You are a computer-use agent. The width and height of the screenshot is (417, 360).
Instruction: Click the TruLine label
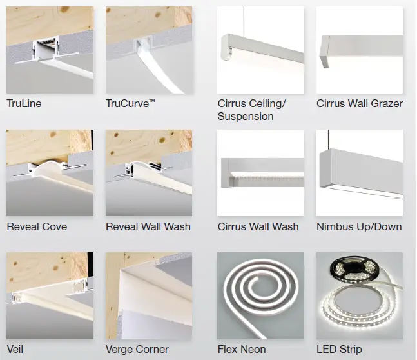[x=24, y=104]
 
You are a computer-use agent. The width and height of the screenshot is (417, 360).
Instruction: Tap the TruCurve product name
[x=128, y=104]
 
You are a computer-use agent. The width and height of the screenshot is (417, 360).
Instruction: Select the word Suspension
[x=246, y=117]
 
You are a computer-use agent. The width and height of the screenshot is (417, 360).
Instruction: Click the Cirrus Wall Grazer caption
[x=360, y=104]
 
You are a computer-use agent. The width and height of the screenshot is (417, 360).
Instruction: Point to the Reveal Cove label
[x=37, y=226]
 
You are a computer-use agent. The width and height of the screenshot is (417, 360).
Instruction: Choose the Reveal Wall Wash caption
[x=148, y=226]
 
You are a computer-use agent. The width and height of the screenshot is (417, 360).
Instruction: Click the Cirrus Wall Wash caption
[x=258, y=226]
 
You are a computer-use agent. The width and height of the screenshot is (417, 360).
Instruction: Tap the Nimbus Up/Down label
[x=359, y=226]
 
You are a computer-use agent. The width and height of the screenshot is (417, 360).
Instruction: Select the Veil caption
[x=15, y=349]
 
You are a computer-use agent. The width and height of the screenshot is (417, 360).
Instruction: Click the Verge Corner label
[x=137, y=349]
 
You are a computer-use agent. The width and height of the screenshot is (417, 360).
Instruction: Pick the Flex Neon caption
[x=242, y=349]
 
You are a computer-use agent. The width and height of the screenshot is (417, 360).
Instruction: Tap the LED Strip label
[x=340, y=349]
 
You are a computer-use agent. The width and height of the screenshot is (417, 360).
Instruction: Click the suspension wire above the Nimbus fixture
[x=329, y=139]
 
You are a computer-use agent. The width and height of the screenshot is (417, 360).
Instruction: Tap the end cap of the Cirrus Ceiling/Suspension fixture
[x=226, y=47]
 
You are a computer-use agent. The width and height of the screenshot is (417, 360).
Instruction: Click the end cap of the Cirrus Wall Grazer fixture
[x=325, y=52]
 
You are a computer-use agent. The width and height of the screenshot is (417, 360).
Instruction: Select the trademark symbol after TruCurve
[x=152, y=101]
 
